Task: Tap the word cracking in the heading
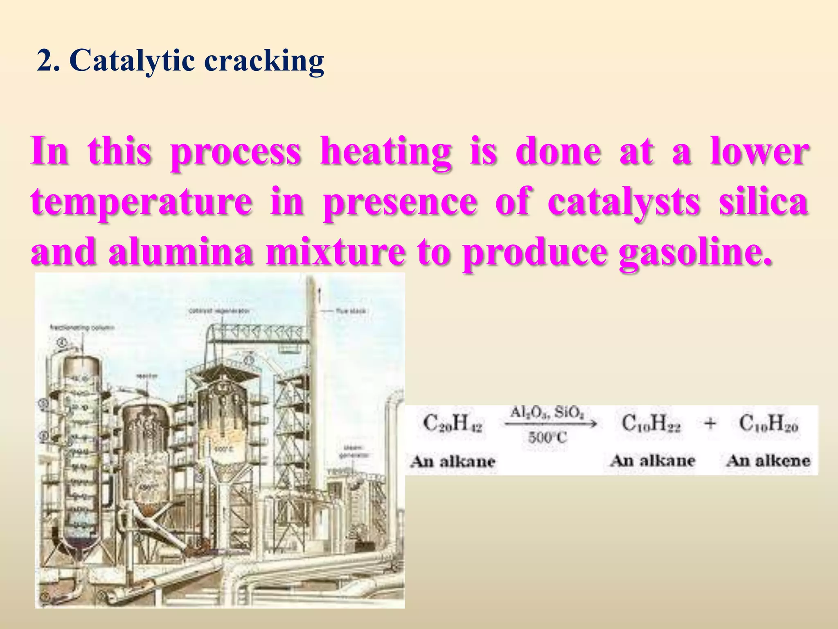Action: [264, 61]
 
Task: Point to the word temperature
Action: [142, 202]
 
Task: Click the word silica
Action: [764, 201]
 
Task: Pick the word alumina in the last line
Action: [180, 252]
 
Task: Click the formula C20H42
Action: [453, 423]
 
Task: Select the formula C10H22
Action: [651, 423]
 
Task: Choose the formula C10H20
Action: [768, 423]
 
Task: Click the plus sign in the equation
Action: [710, 423]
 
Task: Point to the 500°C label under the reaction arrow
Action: [547, 438]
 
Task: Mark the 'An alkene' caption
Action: [768, 461]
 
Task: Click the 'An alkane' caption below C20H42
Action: [453, 462]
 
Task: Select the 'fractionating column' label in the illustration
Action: [82, 328]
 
